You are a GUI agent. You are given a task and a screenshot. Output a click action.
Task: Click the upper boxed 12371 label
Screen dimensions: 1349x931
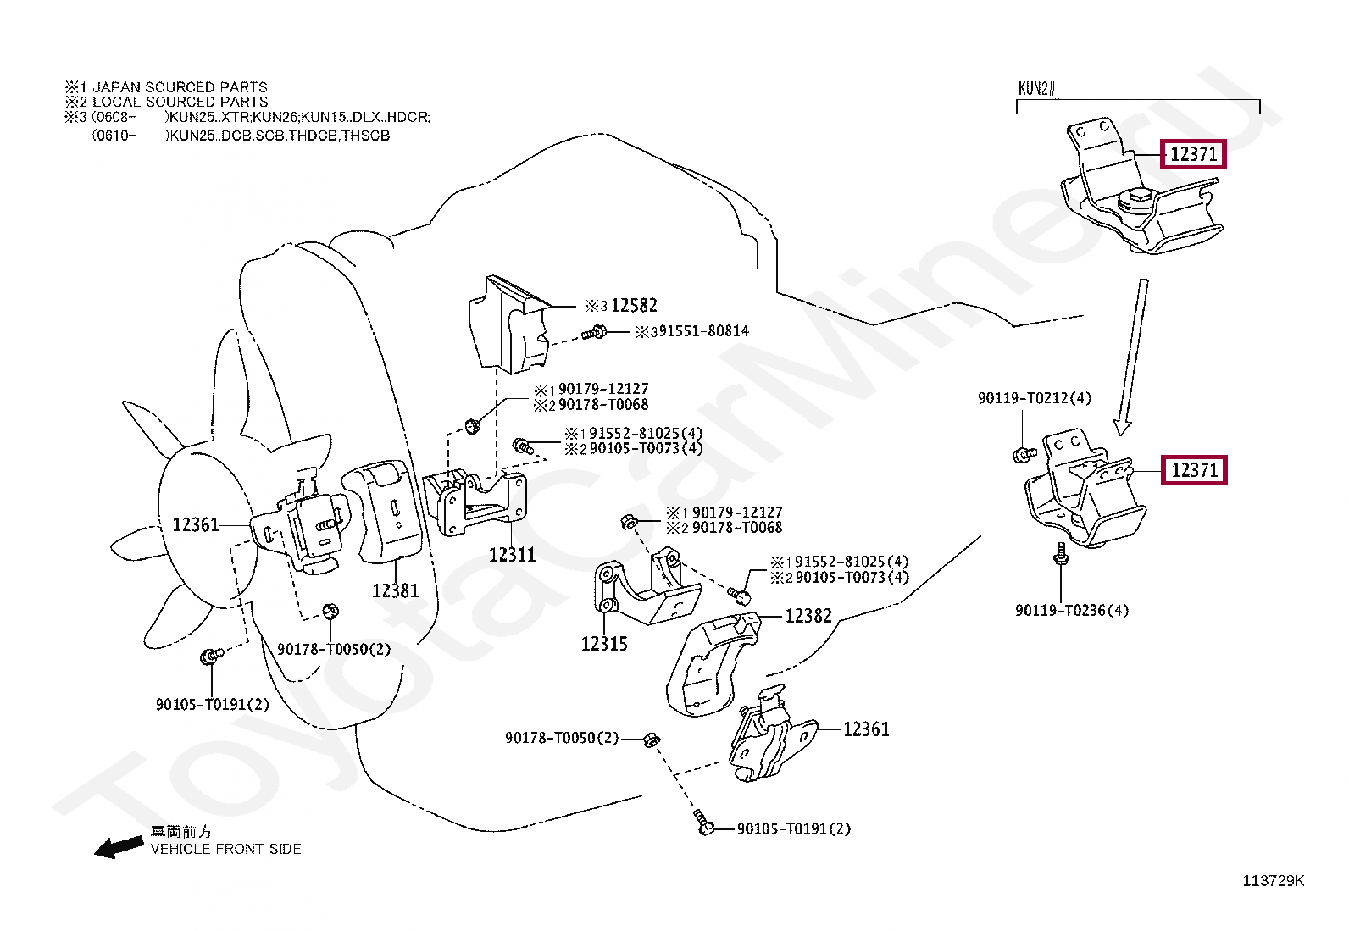point(1193,155)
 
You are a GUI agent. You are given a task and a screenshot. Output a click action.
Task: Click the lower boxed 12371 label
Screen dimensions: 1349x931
point(1194,469)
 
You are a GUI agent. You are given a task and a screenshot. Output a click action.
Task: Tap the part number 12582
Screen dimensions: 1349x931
point(634,306)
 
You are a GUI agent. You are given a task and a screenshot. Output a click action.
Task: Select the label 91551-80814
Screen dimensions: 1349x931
point(703,330)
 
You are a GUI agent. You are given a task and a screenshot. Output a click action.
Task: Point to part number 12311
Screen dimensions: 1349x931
point(512,555)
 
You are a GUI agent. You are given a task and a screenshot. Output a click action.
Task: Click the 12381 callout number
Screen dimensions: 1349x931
point(395,590)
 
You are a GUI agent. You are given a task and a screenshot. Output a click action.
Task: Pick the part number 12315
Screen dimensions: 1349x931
point(604,644)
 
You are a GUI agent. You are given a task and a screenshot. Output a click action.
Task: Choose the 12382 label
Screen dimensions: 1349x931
point(808,616)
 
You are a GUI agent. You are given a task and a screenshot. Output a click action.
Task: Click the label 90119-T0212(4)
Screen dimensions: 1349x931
point(1035,398)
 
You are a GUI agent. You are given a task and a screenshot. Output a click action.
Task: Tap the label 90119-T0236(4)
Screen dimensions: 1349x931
point(1072,611)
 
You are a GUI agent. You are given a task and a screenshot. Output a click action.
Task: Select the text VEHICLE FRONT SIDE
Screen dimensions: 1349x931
point(226,849)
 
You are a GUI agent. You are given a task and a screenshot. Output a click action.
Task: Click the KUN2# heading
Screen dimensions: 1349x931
point(1037,89)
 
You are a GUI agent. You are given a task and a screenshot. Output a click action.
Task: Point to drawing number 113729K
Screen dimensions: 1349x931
point(1274,881)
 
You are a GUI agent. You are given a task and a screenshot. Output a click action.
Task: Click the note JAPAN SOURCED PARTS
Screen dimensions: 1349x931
point(180,87)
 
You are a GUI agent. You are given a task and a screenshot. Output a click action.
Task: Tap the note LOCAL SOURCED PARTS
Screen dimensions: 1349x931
point(180,102)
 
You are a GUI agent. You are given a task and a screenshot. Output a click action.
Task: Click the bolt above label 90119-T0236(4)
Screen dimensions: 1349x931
point(1061,553)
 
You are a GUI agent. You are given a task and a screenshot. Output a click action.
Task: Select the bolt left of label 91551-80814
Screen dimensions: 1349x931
point(594,332)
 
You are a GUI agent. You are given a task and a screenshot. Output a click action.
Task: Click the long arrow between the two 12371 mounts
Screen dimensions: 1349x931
point(1132,357)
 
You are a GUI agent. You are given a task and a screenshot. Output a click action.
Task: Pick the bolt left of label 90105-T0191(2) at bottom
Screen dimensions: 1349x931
point(702,823)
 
